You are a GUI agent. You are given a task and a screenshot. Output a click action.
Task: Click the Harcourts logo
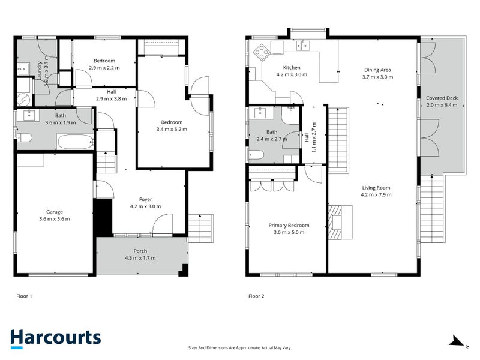click(x=55, y=338)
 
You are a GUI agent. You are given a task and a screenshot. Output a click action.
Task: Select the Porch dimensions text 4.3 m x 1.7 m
click(x=140, y=258)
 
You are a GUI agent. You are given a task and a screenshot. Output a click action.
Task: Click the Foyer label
click(x=146, y=199)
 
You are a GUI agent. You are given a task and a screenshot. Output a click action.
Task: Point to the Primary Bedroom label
click(x=289, y=226)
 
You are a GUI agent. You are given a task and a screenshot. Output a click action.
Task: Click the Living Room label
click(x=376, y=187)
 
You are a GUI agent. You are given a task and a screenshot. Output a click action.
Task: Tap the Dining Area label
click(x=378, y=70)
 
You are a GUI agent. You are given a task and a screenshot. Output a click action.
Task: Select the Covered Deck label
click(x=441, y=98)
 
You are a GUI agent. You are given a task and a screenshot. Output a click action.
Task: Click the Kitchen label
click(x=291, y=68)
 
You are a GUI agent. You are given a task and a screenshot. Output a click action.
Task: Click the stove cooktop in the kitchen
click(x=262, y=52)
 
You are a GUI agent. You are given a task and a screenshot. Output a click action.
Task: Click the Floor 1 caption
click(x=23, y=296)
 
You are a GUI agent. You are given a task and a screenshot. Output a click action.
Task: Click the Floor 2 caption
click(x=256, y=296)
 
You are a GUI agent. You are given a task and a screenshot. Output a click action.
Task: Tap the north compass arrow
click(x=458, y=341)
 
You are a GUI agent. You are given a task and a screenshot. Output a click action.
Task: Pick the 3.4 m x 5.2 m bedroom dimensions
click(x=172, y=129)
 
